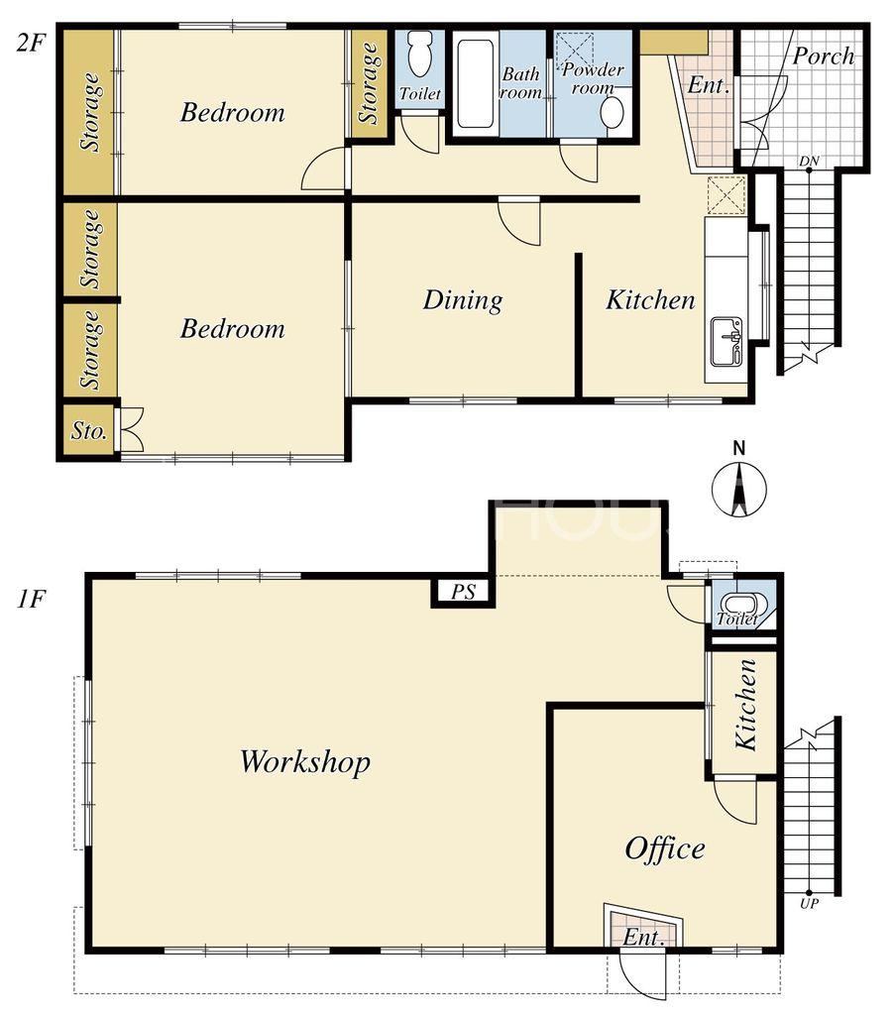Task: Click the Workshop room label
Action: pos(305,762)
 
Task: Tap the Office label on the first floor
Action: pos(665,849)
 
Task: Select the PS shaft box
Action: pos(464,591)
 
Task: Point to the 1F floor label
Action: pos(31,600)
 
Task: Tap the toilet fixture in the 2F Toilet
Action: pos(420,55)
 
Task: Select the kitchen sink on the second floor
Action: pos(726,341)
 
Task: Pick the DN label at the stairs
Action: pos(809,161)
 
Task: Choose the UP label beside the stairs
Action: pos(809,903)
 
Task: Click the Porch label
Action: pos(824,56)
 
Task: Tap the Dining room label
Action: pos(463,300)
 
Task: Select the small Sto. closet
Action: pos(89,430)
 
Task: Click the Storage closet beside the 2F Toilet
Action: pos(369,83)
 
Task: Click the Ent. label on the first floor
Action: pos(643,938)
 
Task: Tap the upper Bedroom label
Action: pos(232,113)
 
